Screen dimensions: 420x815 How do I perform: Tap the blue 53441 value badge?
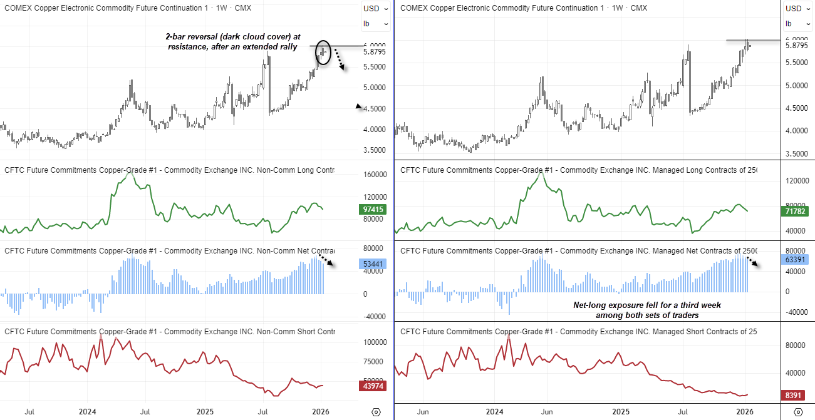[373, 264]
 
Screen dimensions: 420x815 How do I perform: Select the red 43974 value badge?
[373, 386]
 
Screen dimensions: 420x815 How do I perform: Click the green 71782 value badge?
[796, 212]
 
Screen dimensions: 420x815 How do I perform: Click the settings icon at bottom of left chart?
[376, 412]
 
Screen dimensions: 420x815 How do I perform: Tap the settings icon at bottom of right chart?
[797, 412]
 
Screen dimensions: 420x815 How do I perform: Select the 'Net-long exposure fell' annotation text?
[647, 310]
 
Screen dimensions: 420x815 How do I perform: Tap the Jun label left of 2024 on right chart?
[423, 411]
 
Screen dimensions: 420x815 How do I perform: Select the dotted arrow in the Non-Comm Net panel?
[326, 260]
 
